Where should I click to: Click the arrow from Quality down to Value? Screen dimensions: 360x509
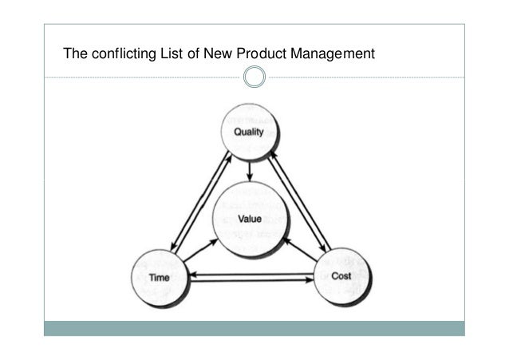pyautogui.click(x=251, y=169)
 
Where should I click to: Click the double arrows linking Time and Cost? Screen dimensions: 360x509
pyautogui.click(x=249, y=277)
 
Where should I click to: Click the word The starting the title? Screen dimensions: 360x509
pyautogui.click(x=75, y=55)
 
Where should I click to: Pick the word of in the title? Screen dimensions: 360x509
pyautogui.click(x=191, y=55)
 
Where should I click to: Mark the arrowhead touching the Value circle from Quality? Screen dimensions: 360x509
pyautogui.click(x=251, y=177)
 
